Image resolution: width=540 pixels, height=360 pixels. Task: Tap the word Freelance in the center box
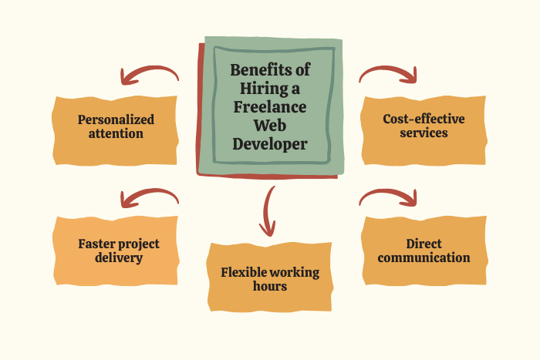[x=270, y=106]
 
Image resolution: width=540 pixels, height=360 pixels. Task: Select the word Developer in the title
[x=270, y=143]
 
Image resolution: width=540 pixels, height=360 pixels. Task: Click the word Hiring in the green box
[x=258, y=88]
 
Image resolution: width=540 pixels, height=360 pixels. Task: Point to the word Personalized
[x=116, y=119]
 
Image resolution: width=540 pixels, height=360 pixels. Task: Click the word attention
[x=116, y=133]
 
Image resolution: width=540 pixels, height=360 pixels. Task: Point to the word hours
[x=270, y=286]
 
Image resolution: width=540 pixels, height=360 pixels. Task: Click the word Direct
[x=424, y=244]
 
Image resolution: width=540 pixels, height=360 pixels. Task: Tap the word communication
[x=424, y=257]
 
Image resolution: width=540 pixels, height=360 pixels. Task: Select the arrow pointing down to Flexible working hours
[x=268, y=210]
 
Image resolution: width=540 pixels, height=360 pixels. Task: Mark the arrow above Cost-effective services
[x=389, y=74]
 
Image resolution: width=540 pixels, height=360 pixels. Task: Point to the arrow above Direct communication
[x=389, y=197]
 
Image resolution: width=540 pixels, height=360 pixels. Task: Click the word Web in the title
[x=270, y=125]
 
